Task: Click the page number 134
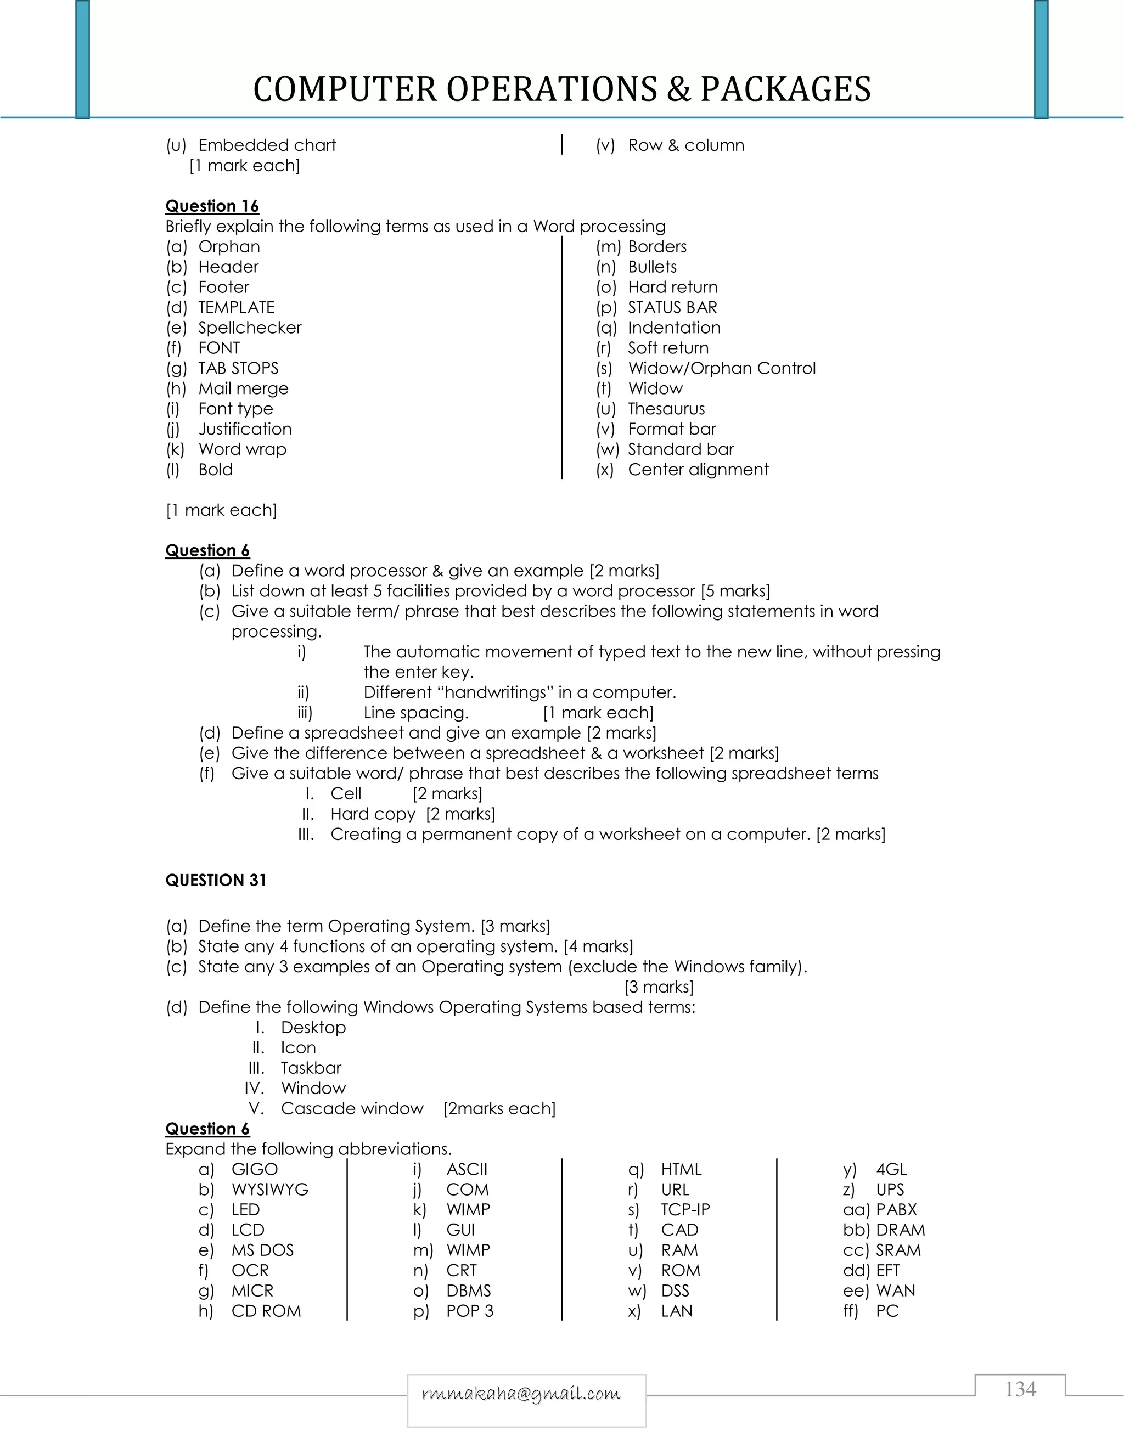1020,1389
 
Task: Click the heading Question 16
212,206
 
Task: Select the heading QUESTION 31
216,880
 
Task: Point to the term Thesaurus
666,409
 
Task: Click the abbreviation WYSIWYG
269,1189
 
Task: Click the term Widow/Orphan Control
721,368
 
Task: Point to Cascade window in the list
352,1108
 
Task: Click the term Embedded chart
267,145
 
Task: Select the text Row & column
686,145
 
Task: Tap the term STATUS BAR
672,308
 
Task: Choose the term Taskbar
311,1067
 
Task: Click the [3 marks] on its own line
659,987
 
